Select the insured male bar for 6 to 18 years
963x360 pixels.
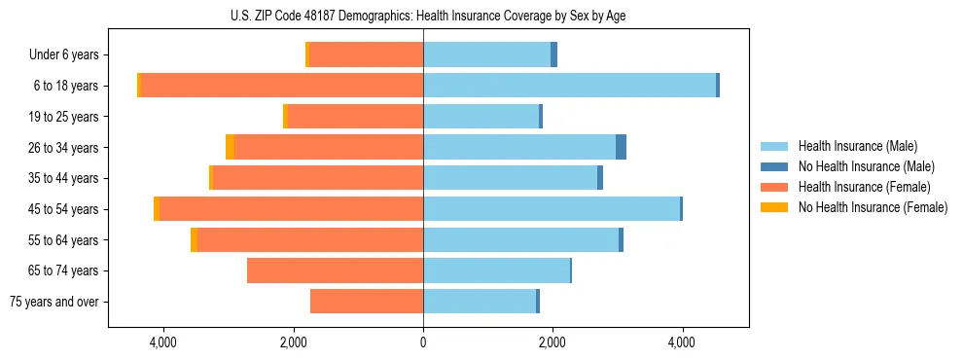click(x=569, y=86)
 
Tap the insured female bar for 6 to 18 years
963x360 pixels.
click(x=282, y=86)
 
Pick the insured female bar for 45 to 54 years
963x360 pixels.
click(x=291, y=209)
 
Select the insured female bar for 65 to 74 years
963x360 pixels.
click(x=335, y=270)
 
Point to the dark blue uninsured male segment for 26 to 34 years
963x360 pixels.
click(x=621, y=147)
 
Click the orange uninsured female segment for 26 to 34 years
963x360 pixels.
click(x=230, y=147)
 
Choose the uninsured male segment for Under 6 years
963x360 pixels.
click(x=553, y=54)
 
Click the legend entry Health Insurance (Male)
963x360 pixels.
click(x=856, y=146)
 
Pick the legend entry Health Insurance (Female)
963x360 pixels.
click(x=864, y=187)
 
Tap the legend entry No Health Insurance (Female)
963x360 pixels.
click(x=873, y=207)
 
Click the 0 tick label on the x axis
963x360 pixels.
click(x=423, y=342)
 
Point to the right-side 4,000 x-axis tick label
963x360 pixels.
click(x=682, y=342)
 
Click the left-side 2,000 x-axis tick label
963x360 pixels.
click(x=293, y=342)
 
